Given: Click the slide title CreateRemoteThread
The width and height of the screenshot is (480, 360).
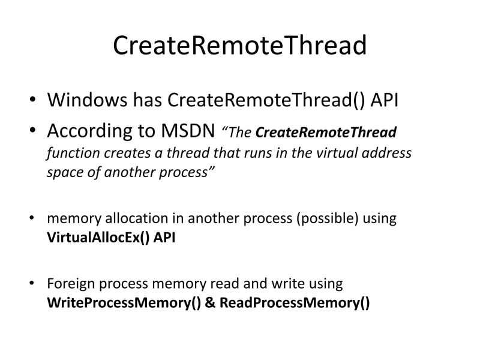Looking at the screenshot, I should (239, 45).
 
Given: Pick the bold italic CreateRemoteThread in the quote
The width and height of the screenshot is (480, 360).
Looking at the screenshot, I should (326, 132).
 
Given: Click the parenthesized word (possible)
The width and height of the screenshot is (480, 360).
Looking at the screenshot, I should (325, 218).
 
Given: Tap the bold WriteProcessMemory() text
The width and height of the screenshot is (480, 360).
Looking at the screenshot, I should (124, 302).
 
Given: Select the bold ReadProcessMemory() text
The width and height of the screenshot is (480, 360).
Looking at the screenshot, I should (295, 302).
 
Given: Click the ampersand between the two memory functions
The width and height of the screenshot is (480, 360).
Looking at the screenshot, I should (210, 302).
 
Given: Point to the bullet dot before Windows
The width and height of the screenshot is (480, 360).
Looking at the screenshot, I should (32, 100).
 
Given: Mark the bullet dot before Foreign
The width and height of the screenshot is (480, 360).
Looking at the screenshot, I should (32, 283).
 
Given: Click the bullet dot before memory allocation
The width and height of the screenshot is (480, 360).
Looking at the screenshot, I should (32, 218).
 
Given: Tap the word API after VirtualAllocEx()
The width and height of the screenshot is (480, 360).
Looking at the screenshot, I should (164, 236).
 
